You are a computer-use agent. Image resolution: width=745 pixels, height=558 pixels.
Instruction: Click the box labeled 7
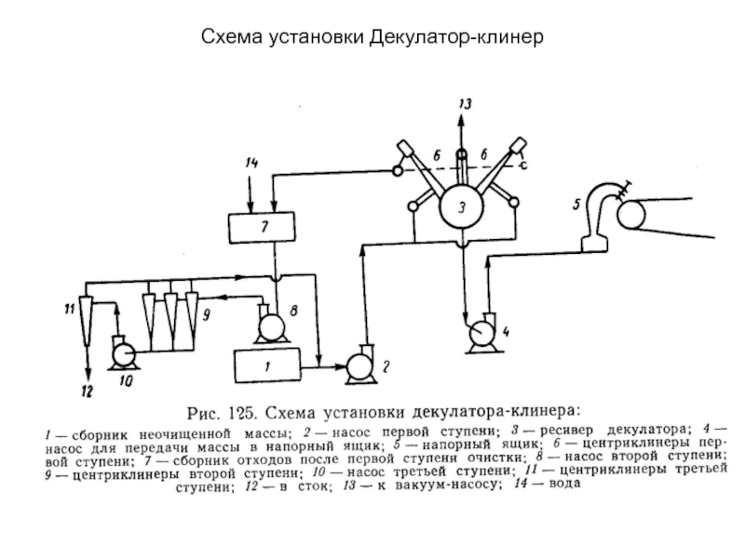click(x=263, y=226)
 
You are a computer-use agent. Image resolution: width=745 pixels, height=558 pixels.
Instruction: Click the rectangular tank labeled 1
click(x=266, y=365)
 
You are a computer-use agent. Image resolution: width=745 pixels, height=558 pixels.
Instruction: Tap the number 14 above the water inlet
click(x=251, y=164)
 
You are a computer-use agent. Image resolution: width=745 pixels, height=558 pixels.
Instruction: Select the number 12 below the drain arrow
click(x=87, y=392)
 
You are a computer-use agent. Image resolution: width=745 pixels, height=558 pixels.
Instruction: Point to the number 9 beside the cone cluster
click(x=206, y=315)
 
